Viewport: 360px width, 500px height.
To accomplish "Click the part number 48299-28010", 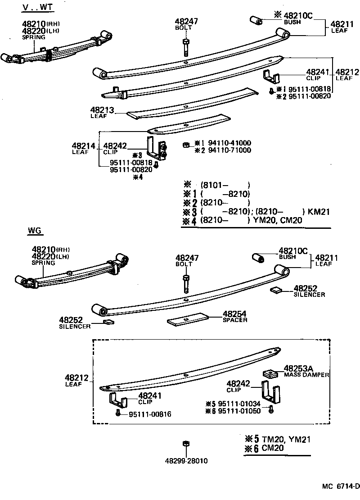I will pyautogui.click(x=186, y=461).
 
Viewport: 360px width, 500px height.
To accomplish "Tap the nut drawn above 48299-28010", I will pyautogui.click(x=185, y=444).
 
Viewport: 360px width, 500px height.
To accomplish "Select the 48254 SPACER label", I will pyautogui.click(x=235, y=316).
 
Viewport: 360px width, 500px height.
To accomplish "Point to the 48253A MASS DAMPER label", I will pyautogui.click(x=306, y=371).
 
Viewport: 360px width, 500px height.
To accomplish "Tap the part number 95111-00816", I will pyautogui.click(x=150, y=414).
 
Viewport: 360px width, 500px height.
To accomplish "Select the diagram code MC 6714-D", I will pyautogui.click(x=341, y=486).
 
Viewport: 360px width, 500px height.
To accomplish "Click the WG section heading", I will pyautogui.click(x=35, y=231).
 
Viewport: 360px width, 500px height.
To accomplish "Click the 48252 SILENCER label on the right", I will pyautogui.click(x=308, y=291).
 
